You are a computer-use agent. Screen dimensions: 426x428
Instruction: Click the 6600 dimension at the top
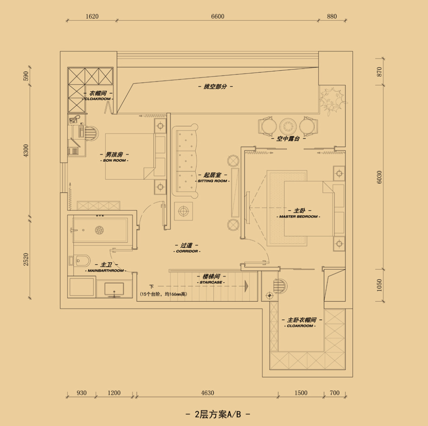(217, 17)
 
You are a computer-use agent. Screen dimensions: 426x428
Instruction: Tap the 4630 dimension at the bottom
(207, 393)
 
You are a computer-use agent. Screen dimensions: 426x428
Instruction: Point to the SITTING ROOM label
(212, 181)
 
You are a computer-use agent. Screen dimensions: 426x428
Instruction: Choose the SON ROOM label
(115, 161)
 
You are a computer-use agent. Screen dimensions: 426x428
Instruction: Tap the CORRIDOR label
(187, 251)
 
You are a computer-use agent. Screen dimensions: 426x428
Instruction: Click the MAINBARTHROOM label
(105, 271)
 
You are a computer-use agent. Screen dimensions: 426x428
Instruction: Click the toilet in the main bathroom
(81, 261)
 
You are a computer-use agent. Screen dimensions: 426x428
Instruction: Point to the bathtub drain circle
(100, 230)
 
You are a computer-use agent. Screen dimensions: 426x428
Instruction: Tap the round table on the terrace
(288, 126)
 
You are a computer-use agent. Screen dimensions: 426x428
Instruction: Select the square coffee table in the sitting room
(183, 211)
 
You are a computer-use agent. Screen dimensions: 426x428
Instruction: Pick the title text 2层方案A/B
(217, 414)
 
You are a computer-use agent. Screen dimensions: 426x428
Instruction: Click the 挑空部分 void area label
(215, 86)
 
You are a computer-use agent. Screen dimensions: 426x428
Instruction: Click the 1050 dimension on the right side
(380, 285)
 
